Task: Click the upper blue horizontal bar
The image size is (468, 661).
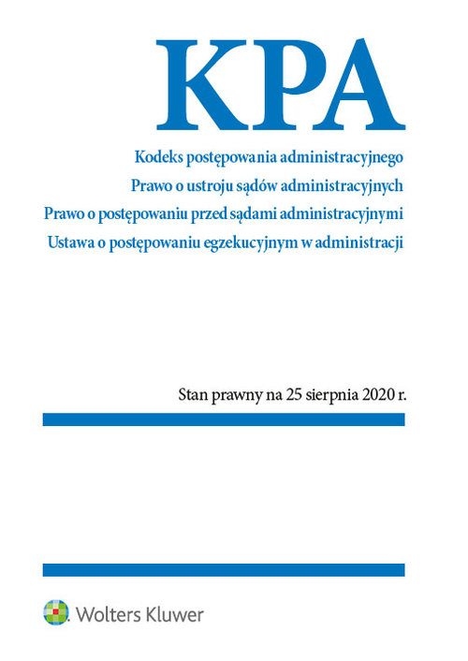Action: (224, 420)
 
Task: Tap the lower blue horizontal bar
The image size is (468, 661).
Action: (224, 569)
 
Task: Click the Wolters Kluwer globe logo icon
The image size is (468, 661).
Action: (56, 613)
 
